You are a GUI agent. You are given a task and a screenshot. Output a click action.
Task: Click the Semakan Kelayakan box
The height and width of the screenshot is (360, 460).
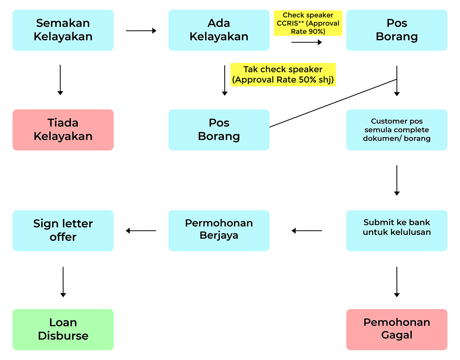pyautogui.click(x=63, y=30)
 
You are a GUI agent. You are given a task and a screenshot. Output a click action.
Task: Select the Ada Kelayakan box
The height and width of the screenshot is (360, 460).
pyautogui.click(x=219, y=30)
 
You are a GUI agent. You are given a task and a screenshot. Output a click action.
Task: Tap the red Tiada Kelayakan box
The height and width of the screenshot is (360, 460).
pyautogui.click(x=63, y=130)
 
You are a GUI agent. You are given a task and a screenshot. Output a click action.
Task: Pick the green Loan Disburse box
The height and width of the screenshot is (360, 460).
pyautogui.click(x=63, y=329)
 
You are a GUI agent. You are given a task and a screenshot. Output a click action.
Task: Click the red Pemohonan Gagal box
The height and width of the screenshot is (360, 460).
pyautogui.click(x=397, y=329)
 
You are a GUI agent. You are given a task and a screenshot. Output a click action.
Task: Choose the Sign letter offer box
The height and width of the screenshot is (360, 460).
pyautogui.click(x=63, y=231)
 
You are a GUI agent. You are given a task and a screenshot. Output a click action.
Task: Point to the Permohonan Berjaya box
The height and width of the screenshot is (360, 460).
pyautogui.click(x=219, y=231)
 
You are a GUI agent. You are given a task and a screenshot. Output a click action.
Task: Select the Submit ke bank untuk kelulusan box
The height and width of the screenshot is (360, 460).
pyautogui.click(x=397, y=231)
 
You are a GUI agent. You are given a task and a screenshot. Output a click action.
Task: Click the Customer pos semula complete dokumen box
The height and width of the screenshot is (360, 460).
pyautogui.click(x=397, y=130)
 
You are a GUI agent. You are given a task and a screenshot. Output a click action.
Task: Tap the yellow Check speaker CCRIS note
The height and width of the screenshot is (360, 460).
pyautogui.click(x=308, y=23)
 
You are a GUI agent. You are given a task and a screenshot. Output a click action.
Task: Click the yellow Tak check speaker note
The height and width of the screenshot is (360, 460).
pyautogui.click(x=283, y=75)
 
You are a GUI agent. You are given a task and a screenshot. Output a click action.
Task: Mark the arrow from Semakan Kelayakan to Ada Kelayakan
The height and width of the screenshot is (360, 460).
pyautogui.click(x=141, y=31)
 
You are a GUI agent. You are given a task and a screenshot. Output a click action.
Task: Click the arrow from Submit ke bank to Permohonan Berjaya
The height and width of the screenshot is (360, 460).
pyautogui.click(x=307, y=231)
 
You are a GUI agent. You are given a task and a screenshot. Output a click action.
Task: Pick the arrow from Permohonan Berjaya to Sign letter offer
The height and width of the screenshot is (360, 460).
pyautogui.click(x=141, y=231)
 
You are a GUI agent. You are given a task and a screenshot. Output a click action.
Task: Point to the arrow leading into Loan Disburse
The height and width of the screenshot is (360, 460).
pyautogui.click(x=63, y=282)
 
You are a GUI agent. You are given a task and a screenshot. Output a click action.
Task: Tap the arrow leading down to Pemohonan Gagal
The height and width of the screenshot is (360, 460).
pyautogui.click(x=397, y=282)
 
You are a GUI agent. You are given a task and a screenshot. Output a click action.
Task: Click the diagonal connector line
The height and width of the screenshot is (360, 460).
pyautogui.click(x=333, y=103)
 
